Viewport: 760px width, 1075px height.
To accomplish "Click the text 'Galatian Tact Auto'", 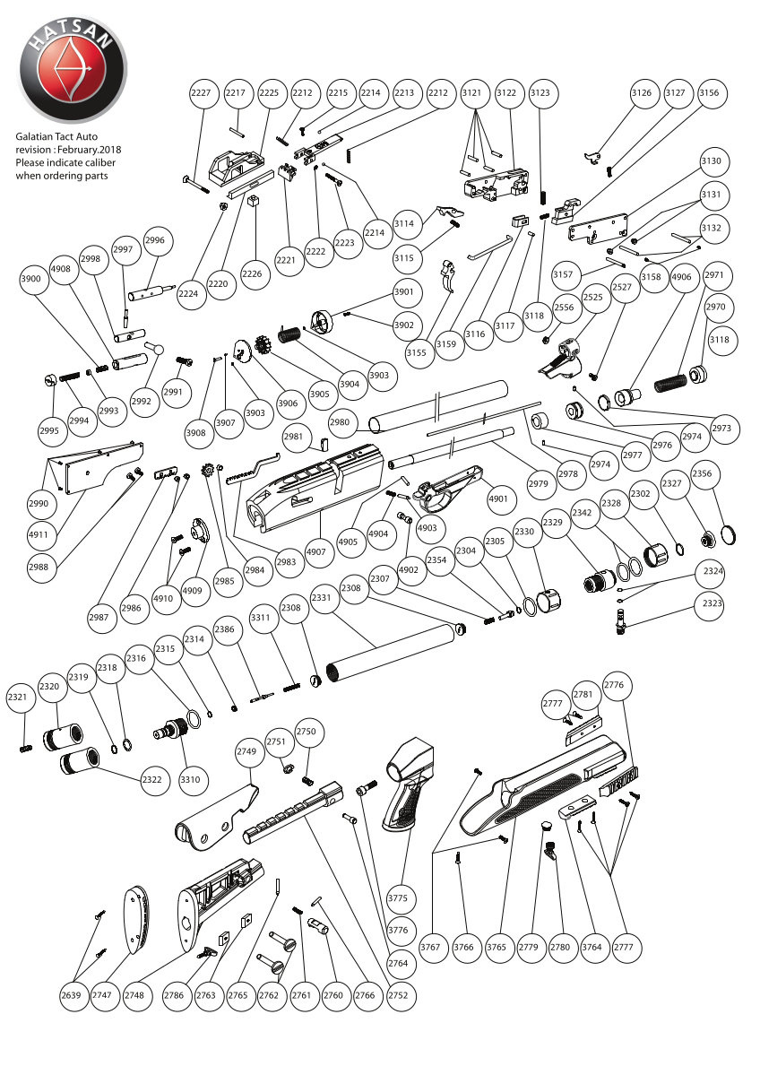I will click(62, 136).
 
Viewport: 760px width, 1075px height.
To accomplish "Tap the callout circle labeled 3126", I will click(641, 93).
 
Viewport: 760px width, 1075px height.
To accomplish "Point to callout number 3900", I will click(31, 280).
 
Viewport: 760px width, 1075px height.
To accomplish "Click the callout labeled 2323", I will click(712, 603).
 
